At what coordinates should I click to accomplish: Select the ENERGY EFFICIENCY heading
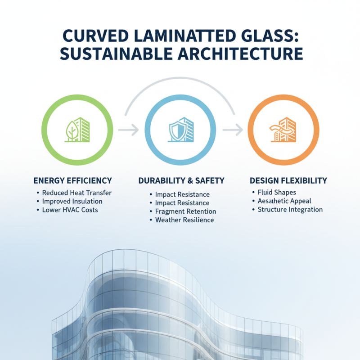pyautogui.click(x=72, y=180)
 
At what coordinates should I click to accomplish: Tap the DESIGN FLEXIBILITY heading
pyautogui.click(x=288, y=180)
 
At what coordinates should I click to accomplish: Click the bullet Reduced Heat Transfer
pyautogui.click(x=76, y=193)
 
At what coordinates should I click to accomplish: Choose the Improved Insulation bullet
pyautogui.click(x=72, y=201)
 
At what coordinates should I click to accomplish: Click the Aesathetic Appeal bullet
pyautogui.click(x=284, y=201)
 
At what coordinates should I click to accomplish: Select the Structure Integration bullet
pyautogui.click(x=290, y=210)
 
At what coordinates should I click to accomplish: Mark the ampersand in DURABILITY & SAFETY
pyautogui.click(x=189, y=180)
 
